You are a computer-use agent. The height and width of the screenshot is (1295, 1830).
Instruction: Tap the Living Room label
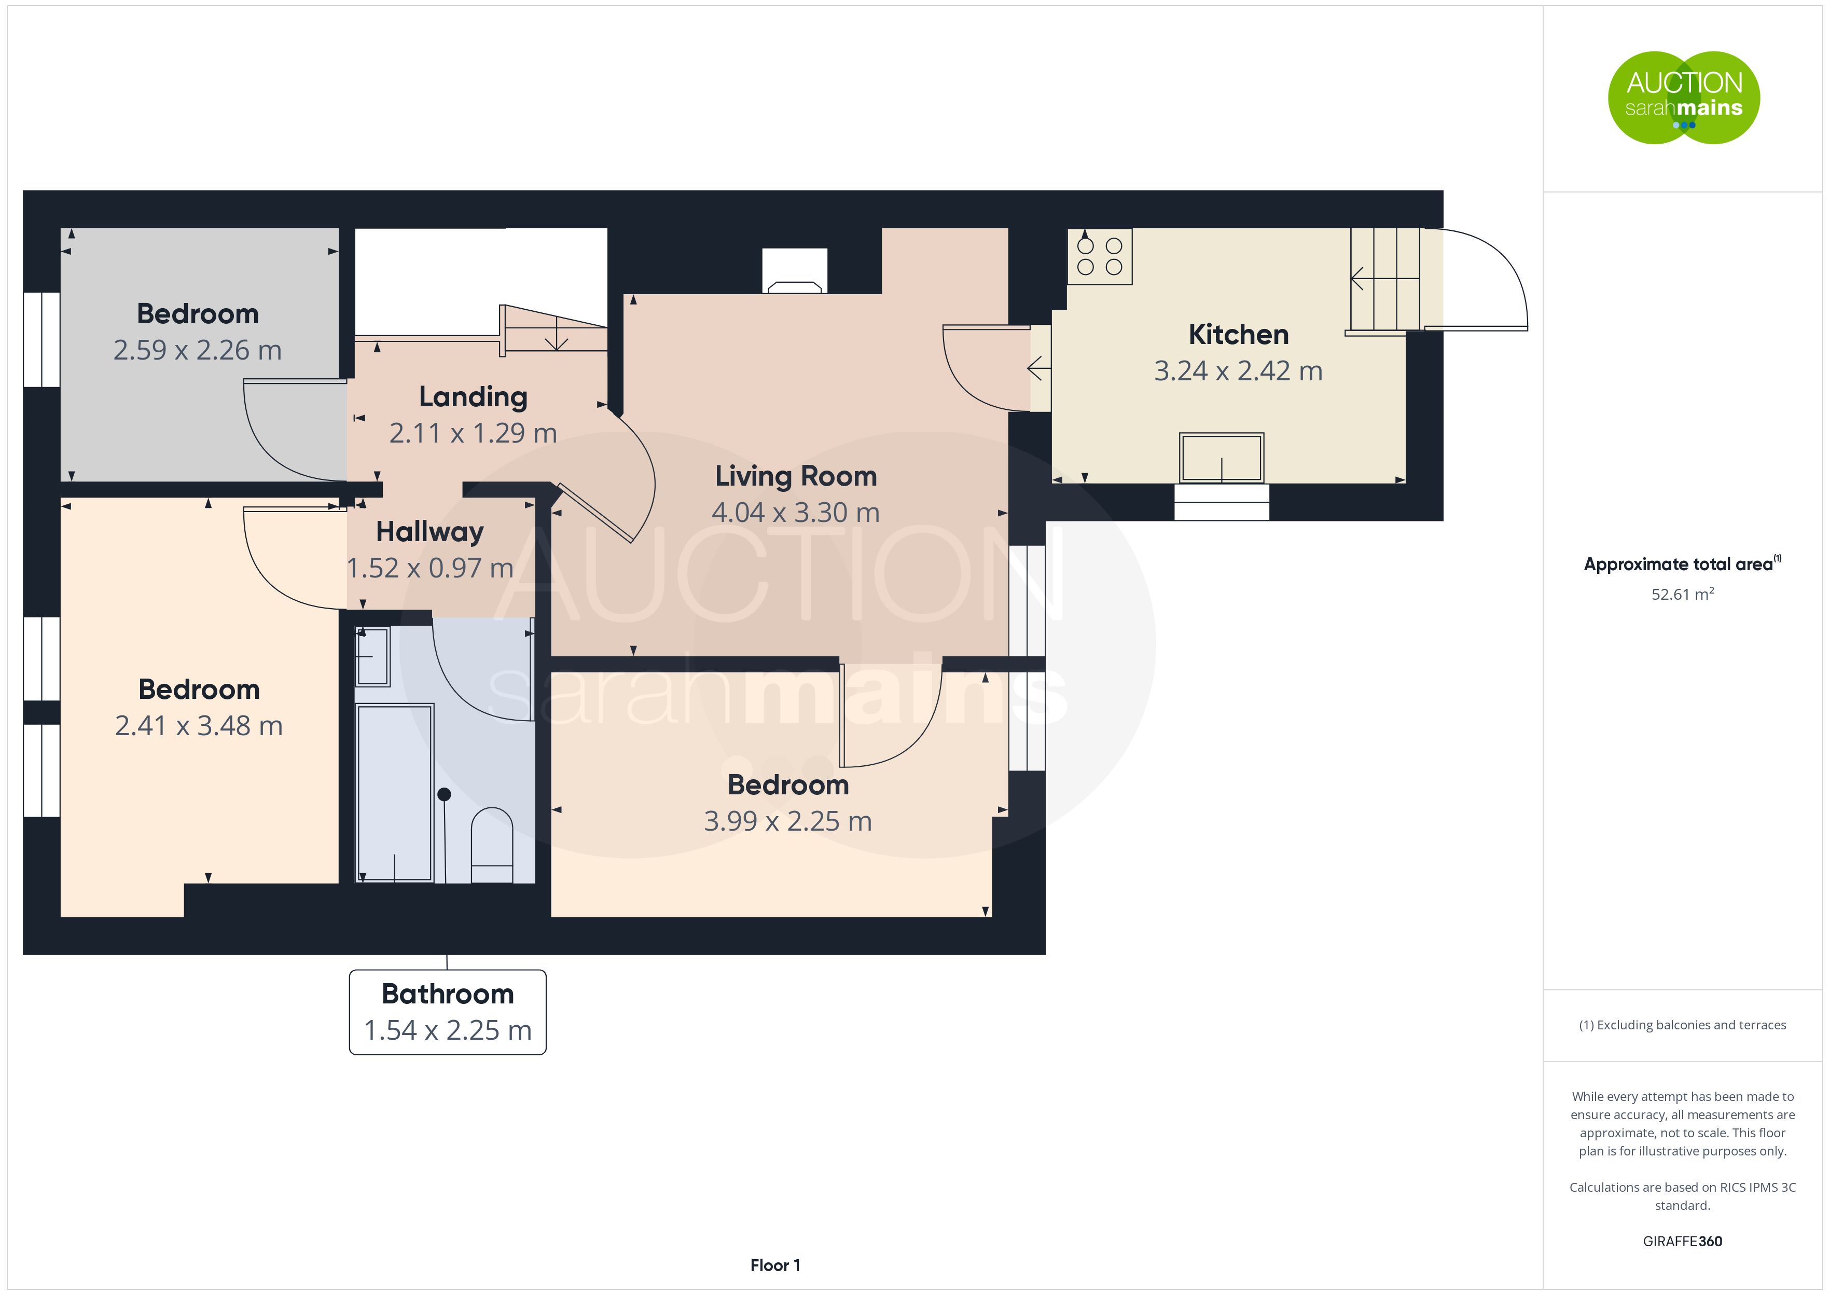pos(796,476)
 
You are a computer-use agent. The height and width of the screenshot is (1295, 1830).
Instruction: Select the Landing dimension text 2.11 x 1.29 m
pos(473,433)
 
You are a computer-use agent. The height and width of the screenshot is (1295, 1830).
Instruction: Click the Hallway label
pos(429,532)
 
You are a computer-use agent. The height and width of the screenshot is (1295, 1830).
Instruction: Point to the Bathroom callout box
pos(447,1012)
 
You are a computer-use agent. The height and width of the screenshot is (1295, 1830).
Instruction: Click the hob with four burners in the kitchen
pos(1100,256)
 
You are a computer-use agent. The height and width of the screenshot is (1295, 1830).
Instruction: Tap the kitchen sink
pos(1221,458)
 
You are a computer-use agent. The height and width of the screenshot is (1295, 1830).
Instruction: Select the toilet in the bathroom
pos(492,845)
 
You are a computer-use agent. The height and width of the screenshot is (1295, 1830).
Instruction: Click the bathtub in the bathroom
pos(395,793)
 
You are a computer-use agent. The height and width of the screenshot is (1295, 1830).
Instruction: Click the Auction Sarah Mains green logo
pos(1683,98)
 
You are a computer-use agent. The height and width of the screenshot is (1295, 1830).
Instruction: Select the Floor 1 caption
pos(775,1265)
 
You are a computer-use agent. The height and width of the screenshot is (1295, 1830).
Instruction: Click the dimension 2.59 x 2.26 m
pos(198,350)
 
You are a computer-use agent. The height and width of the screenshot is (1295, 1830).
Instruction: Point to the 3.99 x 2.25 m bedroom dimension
pos(787,821)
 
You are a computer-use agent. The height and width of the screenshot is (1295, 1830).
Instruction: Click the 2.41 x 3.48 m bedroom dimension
pos(199,726)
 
